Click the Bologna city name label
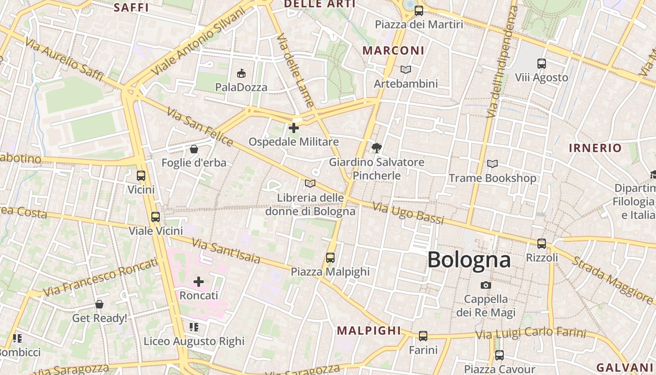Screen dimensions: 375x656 click(x=469, y=260)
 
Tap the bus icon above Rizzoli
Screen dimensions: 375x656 click(x=542, y=244)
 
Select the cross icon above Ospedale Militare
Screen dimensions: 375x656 click(x=294, y=127)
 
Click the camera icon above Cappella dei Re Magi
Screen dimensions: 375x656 click(x=486, y=285)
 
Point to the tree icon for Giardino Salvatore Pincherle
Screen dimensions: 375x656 click(x=376, y=149)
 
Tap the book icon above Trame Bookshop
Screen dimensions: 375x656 click(x=492, y=164)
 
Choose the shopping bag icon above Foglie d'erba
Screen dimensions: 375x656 click(x=194, y=149)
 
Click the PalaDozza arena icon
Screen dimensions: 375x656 click(x=241, y=73)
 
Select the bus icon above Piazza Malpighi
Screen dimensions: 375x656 click(x=330, y=257)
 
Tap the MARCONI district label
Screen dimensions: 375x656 click(x=394, y=51)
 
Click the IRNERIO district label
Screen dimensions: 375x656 click(x=595, y=148)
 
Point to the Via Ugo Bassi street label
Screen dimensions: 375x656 click(x=408, y=213)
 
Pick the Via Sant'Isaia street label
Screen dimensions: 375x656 click(x=226, y=251)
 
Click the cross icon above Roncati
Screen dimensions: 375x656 click(x=199, y=282)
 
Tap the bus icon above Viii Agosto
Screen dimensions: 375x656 click(x=542, y=63)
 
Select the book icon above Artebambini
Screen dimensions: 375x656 click(x=406, y=70)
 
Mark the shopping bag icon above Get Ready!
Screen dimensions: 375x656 click(x=99, y=304)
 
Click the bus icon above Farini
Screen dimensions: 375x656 click(x=423, y=336)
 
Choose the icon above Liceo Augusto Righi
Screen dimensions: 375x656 click(x=194, y=327)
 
